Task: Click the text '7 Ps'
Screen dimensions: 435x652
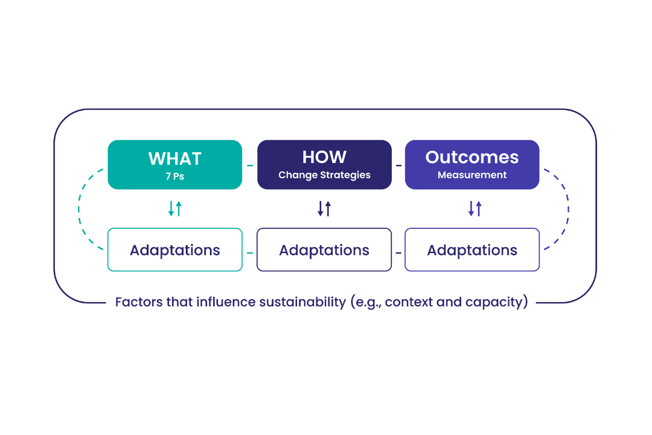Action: pyautogui.click(x=174, y=177)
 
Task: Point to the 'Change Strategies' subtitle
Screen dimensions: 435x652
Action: pyautogui.click(x=324, y=175)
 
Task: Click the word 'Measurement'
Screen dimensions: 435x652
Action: pyautogui.click(x=471, y=175)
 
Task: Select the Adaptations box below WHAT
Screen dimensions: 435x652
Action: pyautogui.click(x=174, y=250)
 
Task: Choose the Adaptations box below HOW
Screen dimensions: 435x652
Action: pyautogui.click(x=324, y=250)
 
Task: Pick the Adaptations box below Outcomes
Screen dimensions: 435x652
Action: pyautogui.click(x=471, y=250)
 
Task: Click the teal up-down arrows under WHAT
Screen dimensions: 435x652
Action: pyautogui.click(x=174, y=208)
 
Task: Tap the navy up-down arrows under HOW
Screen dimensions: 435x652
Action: pyautogui.click(x=324, y=208)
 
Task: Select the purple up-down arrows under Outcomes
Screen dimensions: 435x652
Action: pyautogui.click(x=475, y=208)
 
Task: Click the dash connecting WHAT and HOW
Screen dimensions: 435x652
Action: pyautogui.click(x=250, y=165)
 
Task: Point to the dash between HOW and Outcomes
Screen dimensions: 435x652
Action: pyautogui.click(x=398, y=165)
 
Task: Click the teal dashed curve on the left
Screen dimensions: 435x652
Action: pyautogui.click(x=79, y=208)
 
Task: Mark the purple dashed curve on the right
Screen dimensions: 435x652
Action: pyautogui.click(x=568, y=208)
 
